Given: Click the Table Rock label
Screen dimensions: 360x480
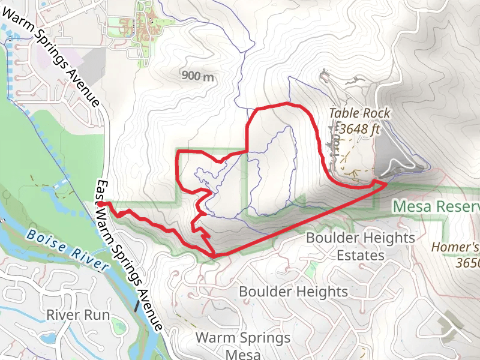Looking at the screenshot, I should click(359, 113).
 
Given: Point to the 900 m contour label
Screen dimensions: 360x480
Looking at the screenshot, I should click(197, 76).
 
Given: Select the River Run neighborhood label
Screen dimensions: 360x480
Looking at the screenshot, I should click(78, 314).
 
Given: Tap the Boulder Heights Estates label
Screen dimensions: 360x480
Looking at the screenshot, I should click(360, 247).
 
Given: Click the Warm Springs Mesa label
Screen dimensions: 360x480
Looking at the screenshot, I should click(243, 345).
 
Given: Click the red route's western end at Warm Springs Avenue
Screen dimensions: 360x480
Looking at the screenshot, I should click(100, 204).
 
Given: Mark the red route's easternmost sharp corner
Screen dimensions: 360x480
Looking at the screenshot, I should click(386, 184).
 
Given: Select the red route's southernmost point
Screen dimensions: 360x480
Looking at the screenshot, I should click(214, 257).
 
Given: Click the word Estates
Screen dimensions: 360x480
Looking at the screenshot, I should click(360, 256).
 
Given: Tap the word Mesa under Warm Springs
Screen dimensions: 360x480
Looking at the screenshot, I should click(243, 353).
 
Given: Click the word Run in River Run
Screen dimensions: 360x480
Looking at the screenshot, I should click(97, 314).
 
